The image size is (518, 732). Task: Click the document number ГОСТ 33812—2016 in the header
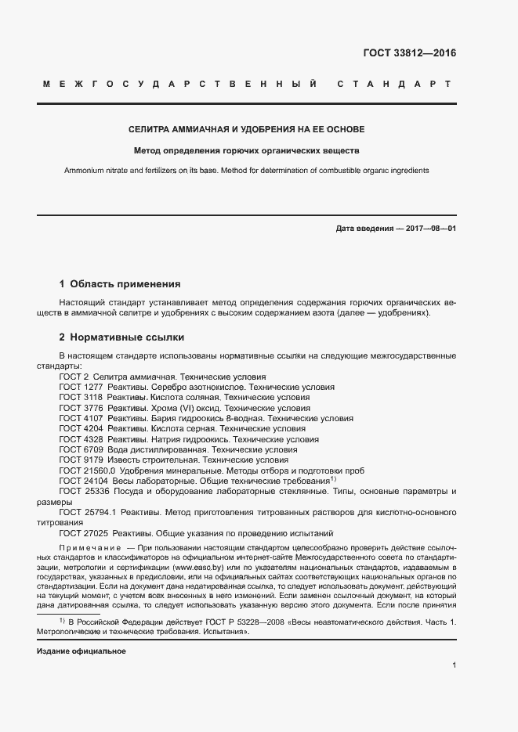409,54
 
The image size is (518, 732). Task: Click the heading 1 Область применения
120,283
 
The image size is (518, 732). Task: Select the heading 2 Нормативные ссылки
121,337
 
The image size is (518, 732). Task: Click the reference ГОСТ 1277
82,387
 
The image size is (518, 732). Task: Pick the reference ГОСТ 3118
82,398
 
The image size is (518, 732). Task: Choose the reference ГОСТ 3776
82,408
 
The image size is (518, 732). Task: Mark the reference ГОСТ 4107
82,419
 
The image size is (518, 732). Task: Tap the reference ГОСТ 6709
82,450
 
